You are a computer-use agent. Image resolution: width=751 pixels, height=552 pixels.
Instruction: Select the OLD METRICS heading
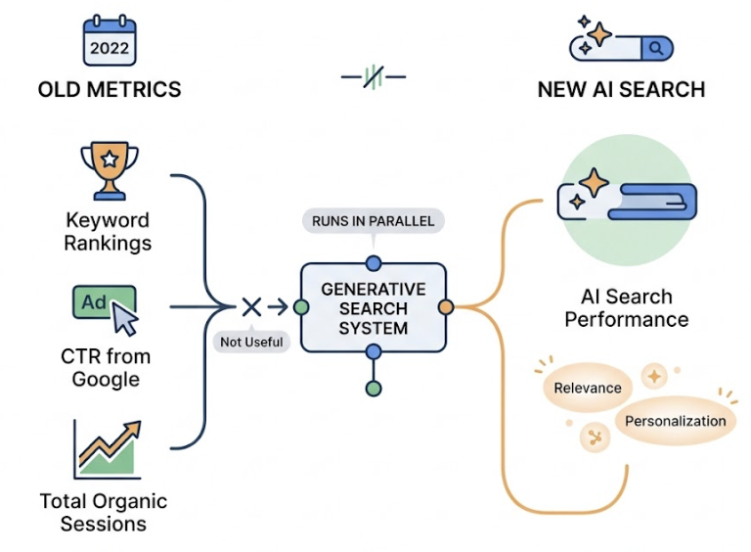(110, 89)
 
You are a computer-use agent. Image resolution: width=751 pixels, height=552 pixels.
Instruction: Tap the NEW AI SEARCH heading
(621, 89)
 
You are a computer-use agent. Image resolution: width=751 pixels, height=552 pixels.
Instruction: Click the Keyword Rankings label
(107, 231)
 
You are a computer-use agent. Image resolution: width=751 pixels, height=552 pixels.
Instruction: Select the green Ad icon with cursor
(106, 307)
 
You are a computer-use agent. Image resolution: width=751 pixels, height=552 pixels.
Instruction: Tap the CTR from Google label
(107, 367)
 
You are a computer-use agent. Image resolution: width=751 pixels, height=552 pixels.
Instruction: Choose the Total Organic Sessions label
(104, 512)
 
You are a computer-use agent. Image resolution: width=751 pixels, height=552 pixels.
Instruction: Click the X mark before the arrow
(251, 307)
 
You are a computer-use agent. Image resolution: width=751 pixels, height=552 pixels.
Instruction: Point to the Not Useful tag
(251, 342)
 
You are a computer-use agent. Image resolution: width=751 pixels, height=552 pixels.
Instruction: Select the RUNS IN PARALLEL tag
(373, 221)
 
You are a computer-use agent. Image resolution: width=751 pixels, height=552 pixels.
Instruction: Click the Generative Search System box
(373, 307)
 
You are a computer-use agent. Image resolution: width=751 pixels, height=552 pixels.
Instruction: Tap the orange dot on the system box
(446, 307)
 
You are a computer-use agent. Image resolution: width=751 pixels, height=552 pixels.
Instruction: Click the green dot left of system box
(300, 307)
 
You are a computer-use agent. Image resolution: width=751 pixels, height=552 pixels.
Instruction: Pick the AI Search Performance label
(626, 307)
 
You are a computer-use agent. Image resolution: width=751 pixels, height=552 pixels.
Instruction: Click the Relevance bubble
(588, 388)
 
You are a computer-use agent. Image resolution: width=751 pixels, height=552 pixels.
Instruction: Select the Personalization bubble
(676, 421)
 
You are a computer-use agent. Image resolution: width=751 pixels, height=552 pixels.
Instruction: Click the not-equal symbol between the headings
(373, 77)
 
